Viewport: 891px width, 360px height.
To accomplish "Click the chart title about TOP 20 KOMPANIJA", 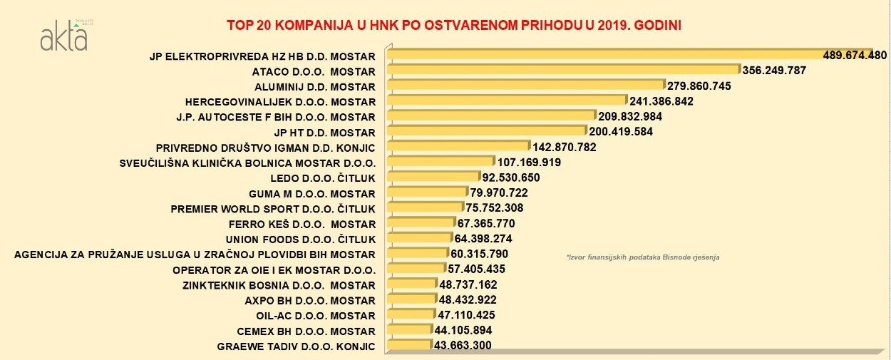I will click(x=454, y=25).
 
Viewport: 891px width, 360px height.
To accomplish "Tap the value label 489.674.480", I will click(x=855, y=56).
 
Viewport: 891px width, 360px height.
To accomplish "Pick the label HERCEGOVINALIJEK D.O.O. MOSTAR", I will click(x=280, y=101).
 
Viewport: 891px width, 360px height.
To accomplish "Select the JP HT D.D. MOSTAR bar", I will click(x=488, y=131).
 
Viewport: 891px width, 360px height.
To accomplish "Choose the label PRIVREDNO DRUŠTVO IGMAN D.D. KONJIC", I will click(x=265, y=148).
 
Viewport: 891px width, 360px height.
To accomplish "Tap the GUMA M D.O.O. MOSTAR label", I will click(x=311, y=193).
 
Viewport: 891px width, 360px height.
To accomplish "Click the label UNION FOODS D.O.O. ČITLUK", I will click(x=300, y=239).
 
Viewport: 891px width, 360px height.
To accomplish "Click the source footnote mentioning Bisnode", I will click(x=642, y=256).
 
